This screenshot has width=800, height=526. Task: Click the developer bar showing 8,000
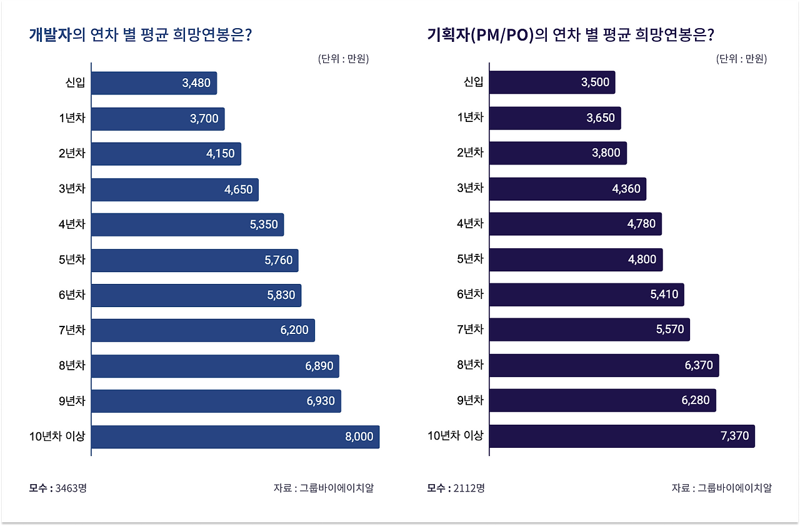(235, 437)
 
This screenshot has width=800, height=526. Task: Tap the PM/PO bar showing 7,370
(622, 437)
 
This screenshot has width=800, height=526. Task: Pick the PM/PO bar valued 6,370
(604, 365)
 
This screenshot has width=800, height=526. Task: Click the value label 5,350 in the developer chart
(264, 225)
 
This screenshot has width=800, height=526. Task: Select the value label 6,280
(696, 400)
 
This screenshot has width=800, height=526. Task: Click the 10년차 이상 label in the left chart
(57, 437)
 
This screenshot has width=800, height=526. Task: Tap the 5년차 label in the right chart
(470, 259)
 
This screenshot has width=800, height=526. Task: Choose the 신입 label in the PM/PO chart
(473, 82)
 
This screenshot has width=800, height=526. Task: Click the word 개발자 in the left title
(50, 34)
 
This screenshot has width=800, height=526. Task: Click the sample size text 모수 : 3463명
(57, 488)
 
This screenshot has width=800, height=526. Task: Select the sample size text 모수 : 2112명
(456, 488)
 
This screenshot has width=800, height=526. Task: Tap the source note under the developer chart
(323, 488)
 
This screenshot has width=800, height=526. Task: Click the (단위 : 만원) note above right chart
(741, 59)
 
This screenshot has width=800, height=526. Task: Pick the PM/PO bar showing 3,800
(557, 153)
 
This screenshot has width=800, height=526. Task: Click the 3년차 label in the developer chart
(72, 189)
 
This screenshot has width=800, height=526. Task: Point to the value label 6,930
(321, 402)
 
